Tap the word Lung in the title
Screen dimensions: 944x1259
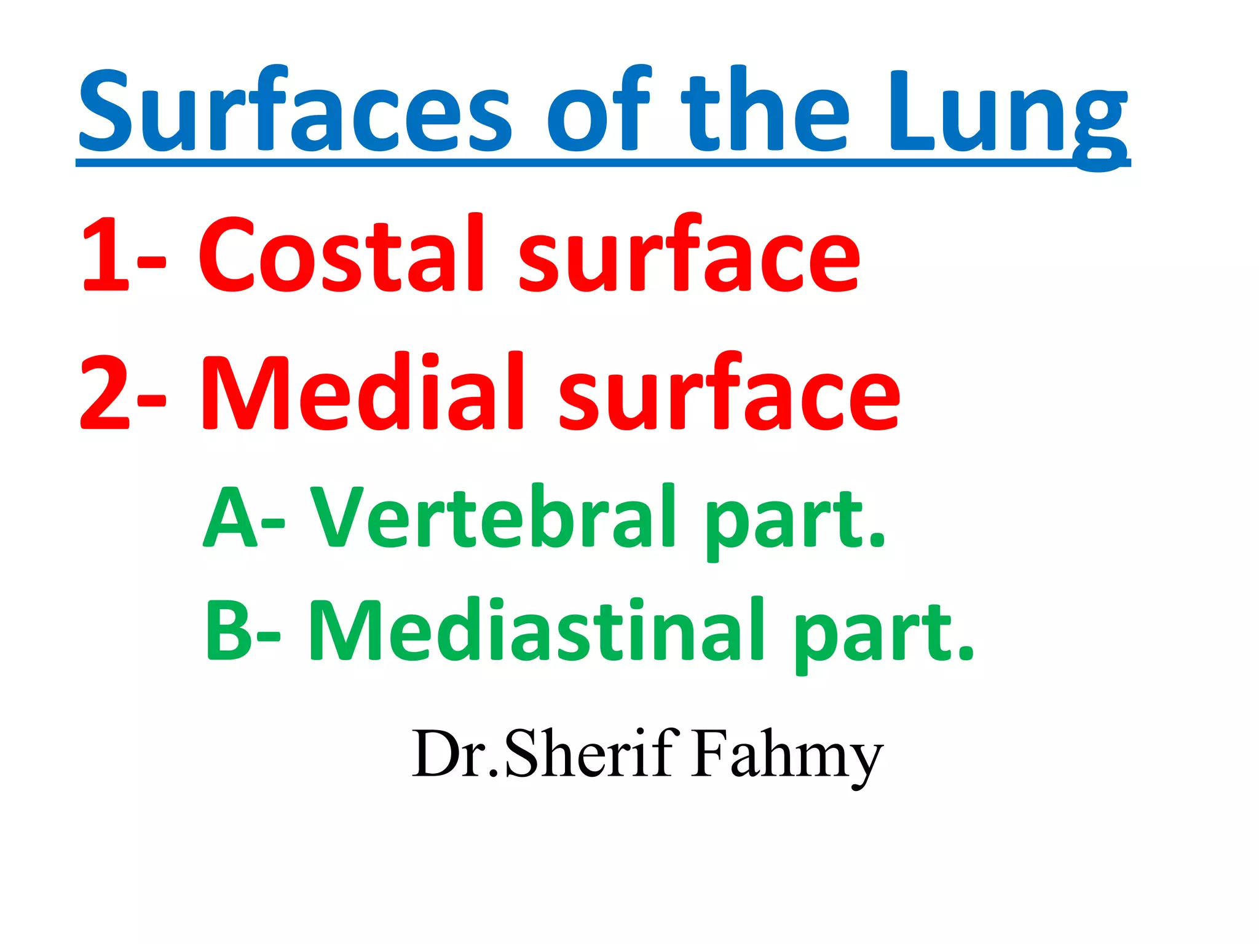coord(1008,114)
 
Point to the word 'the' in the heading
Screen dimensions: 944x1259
coord(765,111)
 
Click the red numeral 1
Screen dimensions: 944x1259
coord(105,255)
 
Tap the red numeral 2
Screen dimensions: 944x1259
coord(105,393)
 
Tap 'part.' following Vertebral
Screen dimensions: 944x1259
coord(793,522)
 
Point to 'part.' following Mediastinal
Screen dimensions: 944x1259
coord(882,636)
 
